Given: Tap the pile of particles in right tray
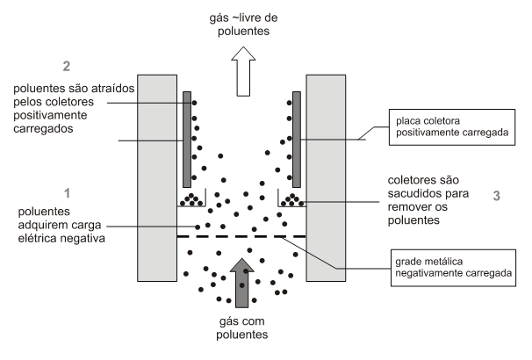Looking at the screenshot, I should tap(291, 201).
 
